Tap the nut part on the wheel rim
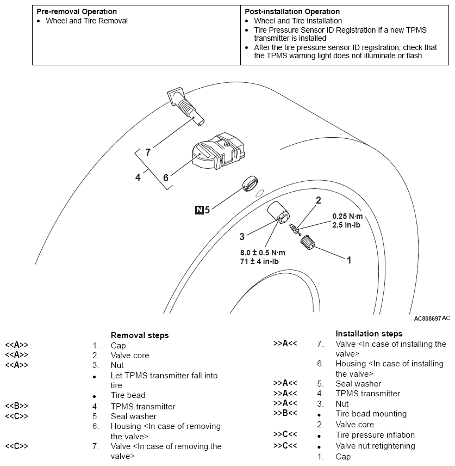tap(279, 213)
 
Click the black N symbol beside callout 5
tap(199, 208)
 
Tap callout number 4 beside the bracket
tap(138, 177)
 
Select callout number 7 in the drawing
tap(147, 152)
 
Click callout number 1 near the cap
tap(349, 260)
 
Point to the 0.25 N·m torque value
tap(347, 216)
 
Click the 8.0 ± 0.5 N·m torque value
tap(263, 253)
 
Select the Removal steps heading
tap(140, 335)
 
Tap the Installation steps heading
tap(369, 334)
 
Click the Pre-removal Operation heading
tap(77, 11)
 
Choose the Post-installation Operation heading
tap(292, 11)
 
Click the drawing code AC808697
tap(427, 318)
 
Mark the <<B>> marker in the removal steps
tap(16, 406)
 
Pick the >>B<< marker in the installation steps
tap(285, 414)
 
